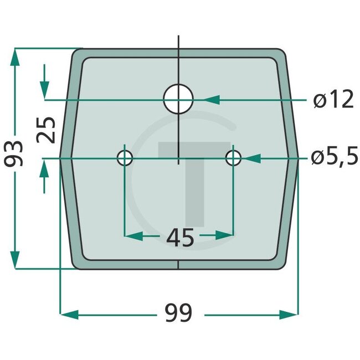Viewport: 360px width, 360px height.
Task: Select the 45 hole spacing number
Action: [179, 238]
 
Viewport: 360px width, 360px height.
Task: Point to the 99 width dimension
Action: [178, 314]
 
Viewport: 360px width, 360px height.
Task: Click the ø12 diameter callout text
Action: [332, 100]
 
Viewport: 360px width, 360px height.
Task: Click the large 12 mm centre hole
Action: [178, 100]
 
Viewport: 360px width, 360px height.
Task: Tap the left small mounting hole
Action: [125, 158]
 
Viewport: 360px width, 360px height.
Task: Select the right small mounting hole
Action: [234, 158]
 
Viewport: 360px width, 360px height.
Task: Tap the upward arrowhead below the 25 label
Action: [44, 168]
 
